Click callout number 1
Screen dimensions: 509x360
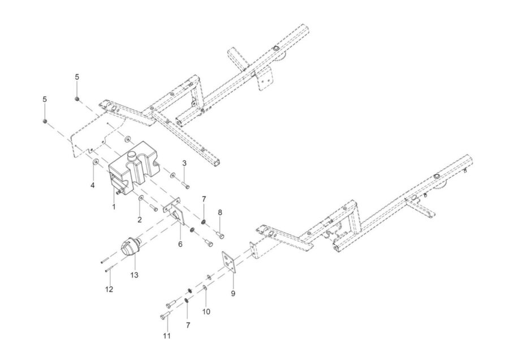point(114,207)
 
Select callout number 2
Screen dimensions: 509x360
point(140,220)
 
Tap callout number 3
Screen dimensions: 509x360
point(184,163)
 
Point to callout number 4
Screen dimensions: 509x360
point(93,185)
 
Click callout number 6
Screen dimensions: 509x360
point(180,244)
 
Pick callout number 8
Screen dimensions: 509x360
point(220,212)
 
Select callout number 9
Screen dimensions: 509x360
point(233,293)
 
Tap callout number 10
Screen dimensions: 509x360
point(206,311)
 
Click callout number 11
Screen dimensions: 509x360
point(166,336)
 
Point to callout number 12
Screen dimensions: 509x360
point(109,289)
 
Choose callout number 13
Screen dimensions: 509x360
point(134,275)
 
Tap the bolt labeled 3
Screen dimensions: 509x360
point(186,186)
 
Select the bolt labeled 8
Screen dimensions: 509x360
point(219,234)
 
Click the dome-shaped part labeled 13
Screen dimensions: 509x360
point(130,248)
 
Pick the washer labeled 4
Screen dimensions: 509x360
point(96,161)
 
